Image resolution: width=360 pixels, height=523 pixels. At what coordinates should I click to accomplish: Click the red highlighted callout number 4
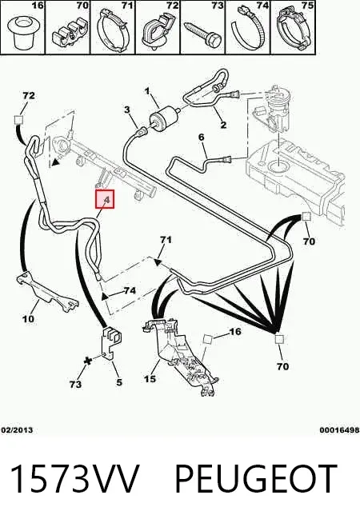click(x=105, y=199)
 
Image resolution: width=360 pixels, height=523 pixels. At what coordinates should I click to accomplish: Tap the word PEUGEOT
click(x=256, y=478)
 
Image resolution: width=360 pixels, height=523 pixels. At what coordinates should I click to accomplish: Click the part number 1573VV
click(x=74, y=478)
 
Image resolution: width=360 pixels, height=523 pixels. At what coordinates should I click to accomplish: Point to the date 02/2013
click(x=17, y=430)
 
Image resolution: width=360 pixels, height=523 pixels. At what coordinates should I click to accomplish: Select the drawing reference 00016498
click(x=339, y=430)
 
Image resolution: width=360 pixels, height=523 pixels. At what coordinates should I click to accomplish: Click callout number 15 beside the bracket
click(x=150, y=378)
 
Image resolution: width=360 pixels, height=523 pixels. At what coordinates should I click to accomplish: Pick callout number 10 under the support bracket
click(x=28, y=319)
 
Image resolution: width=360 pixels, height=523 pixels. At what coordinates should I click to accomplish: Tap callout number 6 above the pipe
click(x=201, y=137)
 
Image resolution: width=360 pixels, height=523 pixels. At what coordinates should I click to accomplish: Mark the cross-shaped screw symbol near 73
click(x=88, y=361)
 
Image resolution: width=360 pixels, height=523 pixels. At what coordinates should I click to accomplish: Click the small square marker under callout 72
click(x=18, y=120)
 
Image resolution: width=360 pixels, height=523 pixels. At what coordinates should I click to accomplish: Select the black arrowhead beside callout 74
click(x=106, y=296)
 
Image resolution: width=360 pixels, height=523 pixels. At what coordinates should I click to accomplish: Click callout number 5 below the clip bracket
click(x=119, y=382)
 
